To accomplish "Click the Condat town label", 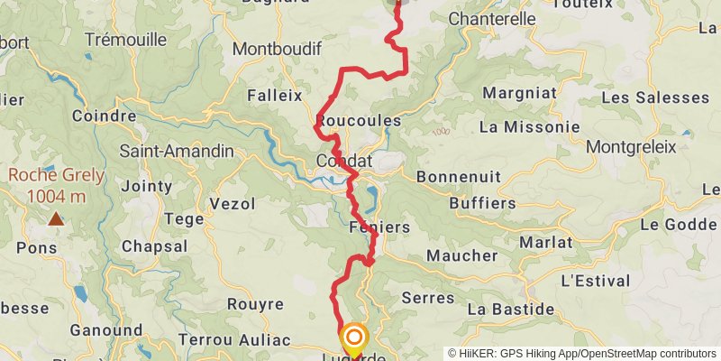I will [344, 161].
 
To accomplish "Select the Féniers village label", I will [379, 227].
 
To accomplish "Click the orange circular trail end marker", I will [354, 338].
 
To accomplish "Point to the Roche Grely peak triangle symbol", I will [56, 218].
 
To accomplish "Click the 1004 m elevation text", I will [56, 196].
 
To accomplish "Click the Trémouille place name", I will [125, 40].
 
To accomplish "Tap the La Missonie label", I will [529, 127].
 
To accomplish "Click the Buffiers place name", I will [481, 203].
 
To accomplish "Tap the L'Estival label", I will [594, 281].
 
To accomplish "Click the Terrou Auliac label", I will [233, 339].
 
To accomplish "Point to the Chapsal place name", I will [154, 246].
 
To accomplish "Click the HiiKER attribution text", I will [583, 354].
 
